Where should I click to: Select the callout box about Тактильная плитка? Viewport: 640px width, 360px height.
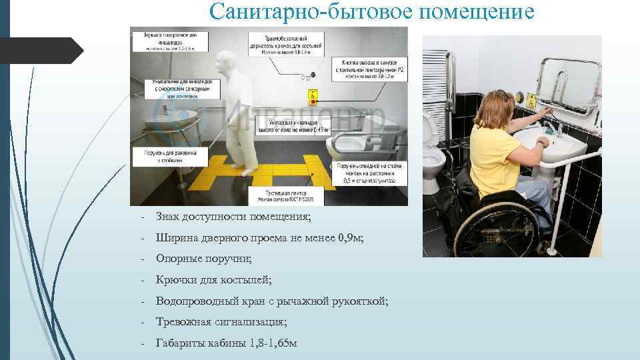[x=285, y=195]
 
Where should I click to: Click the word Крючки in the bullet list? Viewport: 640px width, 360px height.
[x=175, y=280]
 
